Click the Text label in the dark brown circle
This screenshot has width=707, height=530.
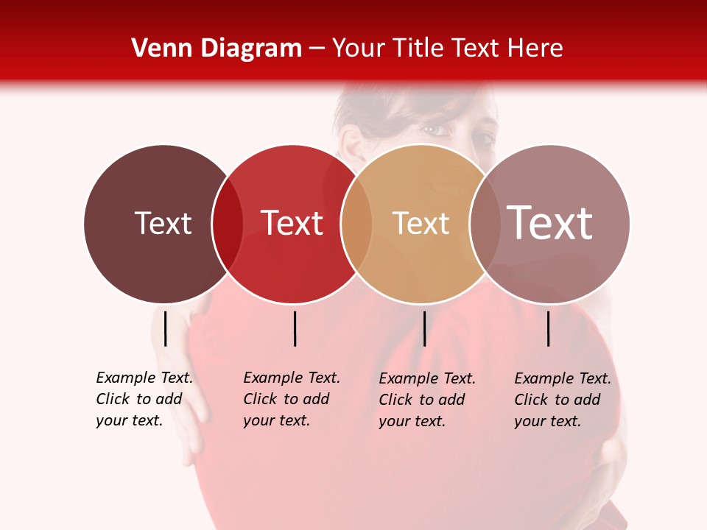[x=163, y=223]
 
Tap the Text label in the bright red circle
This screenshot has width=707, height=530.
[x=292, y=223]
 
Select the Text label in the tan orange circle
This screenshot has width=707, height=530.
[x=421, y=223]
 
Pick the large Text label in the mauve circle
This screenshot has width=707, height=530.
[x=550, y=223]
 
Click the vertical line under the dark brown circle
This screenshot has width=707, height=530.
[x=166, y=328]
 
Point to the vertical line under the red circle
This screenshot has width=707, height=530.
[x=295, y=328]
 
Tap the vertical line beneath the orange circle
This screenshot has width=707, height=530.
[x=424, y=328]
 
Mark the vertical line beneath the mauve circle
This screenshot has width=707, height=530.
[x=549, y=328]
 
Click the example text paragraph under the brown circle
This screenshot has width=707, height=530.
[x=144, y=399]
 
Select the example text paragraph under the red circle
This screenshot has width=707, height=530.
[x=292, y=399]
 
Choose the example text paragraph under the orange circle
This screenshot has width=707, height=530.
[x=427, y=400]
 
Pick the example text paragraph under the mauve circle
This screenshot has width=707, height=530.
[x=563, y=400]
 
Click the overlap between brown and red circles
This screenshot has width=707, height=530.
[x=228, y=224]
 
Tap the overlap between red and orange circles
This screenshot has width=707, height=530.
[x=356, y=224]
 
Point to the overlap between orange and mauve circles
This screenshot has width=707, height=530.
[x=485, y=224]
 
